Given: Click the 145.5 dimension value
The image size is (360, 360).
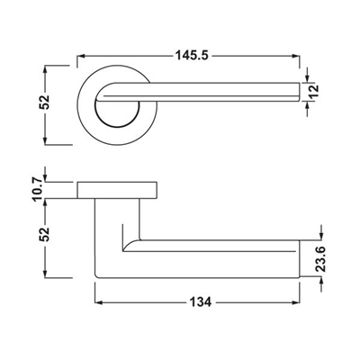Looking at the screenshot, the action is tap(192, 56).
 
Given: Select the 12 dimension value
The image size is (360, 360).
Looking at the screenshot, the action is tap(314, 91).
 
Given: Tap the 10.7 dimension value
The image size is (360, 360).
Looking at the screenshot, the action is tap(37, 189).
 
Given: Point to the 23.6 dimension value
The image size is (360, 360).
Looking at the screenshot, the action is tap(321, 259).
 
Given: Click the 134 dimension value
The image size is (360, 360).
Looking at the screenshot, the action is tap(201, 302).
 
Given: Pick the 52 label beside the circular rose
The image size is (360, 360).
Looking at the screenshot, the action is tap(44, 102).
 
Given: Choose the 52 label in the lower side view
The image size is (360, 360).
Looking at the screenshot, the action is tap(44, 235).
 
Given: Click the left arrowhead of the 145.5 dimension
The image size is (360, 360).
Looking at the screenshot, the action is tap(82, 56).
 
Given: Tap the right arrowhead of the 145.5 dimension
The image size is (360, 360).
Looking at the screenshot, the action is tap(295, 56).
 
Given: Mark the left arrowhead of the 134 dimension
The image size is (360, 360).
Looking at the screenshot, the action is tap(99, 302).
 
